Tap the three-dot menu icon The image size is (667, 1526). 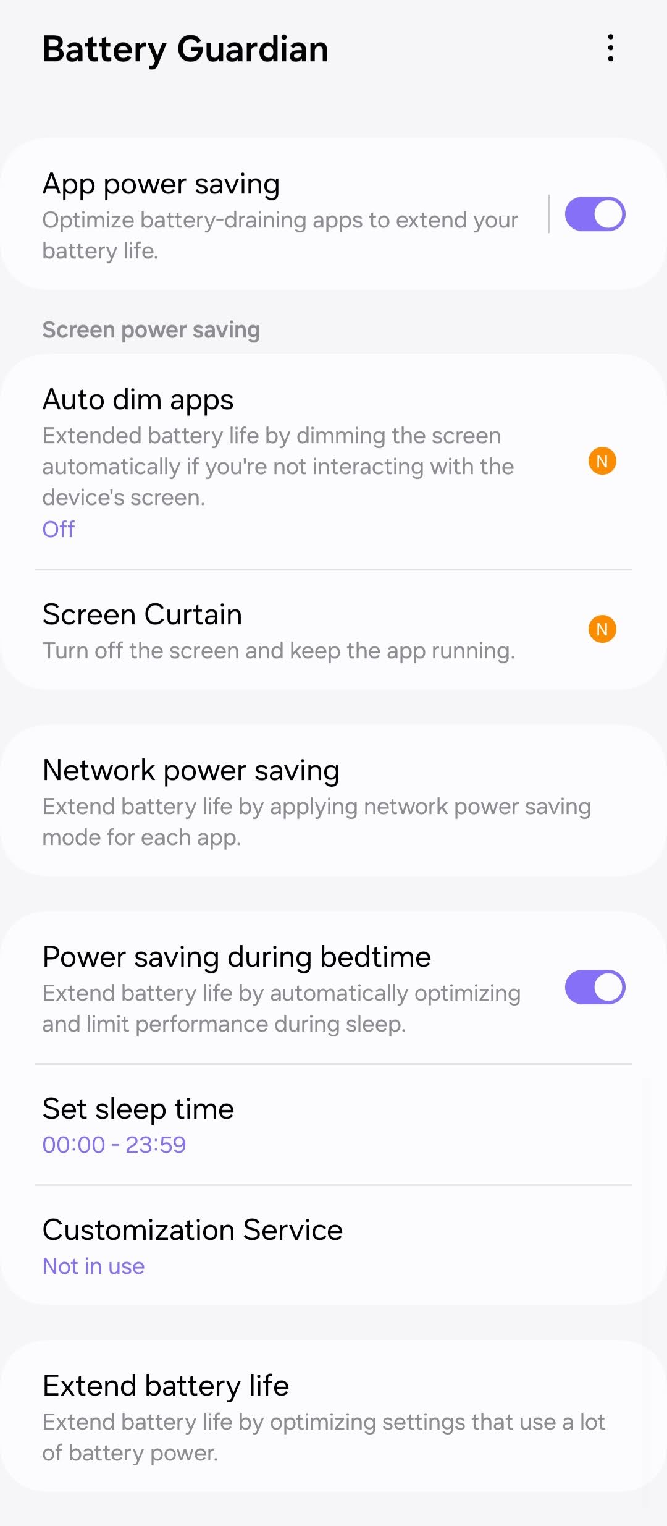tap(610, 48)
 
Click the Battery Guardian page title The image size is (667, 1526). tap(185, 49)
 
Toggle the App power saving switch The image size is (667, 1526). tap(595, 214)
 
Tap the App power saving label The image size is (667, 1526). tap(161, 184)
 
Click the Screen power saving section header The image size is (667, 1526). tap(151, 329)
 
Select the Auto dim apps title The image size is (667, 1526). tap(138, 399)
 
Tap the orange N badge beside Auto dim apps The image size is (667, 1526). tap(602, 461)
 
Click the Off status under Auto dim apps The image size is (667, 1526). tap(59, 529)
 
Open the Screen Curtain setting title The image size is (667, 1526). tap(143, 614)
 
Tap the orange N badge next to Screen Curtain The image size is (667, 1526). tap(602, 629)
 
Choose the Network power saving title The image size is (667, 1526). tap(191, 770)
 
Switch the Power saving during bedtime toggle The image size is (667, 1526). tap(595, 987)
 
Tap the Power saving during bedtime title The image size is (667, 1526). tap(237, 957)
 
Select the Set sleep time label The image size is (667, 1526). tap(138, 1109)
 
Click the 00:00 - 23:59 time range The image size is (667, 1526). tap(114, 1145)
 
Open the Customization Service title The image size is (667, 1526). tap(193, 1230)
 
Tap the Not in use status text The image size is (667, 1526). tap(94, 1266)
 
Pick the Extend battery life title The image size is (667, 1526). tap(166, 1386)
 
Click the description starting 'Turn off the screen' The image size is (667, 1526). tap(279, 651)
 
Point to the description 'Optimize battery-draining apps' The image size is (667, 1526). tap(280, 235)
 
